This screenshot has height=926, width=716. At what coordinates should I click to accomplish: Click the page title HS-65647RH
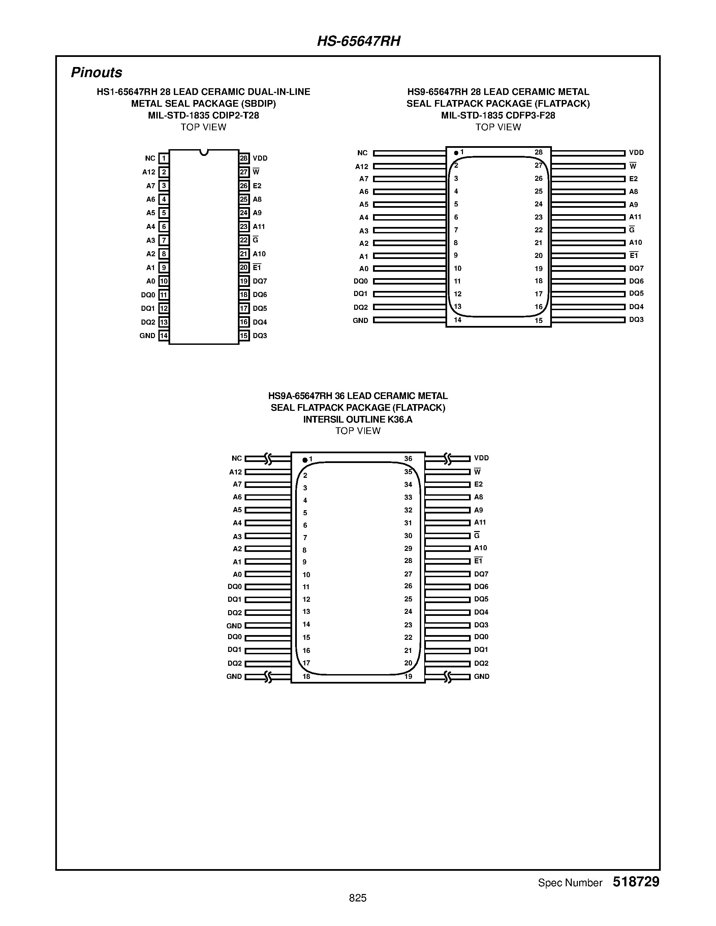click(x=359, y=41)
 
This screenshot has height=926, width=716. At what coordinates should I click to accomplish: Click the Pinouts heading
click(x=96, y=72)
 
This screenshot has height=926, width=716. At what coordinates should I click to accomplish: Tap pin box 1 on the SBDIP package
click(x=164, y=159)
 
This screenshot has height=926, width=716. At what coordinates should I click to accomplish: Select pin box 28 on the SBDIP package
click(x=244, y=159)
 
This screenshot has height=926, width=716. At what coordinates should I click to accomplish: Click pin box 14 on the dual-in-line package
click(x=164, y=336)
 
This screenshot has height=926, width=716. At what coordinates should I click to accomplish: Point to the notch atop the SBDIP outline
click(x=204, y=152)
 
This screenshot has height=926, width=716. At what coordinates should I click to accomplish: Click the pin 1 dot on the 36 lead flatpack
click(x=305, y=460)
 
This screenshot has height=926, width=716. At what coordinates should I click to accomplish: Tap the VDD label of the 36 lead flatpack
click(x=481, y=458)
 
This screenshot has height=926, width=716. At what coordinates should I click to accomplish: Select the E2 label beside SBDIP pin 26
click(x=257, y=186)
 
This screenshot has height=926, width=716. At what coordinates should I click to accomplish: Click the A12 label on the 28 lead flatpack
click(x=362, y=167)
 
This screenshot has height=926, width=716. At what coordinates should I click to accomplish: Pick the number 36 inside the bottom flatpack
click(x=408, y=459)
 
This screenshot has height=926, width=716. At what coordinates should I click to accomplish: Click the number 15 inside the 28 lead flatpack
click(x=538, y=321)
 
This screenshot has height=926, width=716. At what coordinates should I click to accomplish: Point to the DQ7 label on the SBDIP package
click(x=260, y=281)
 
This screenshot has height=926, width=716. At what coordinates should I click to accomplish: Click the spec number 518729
click(x=636, y=882)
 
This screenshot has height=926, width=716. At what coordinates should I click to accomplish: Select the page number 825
click(x=357, y=898)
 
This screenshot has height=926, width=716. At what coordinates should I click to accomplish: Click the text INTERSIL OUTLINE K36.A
click(x=357, y=419)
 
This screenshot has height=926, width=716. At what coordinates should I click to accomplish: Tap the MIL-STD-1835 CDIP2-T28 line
click(x=203, y=115)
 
